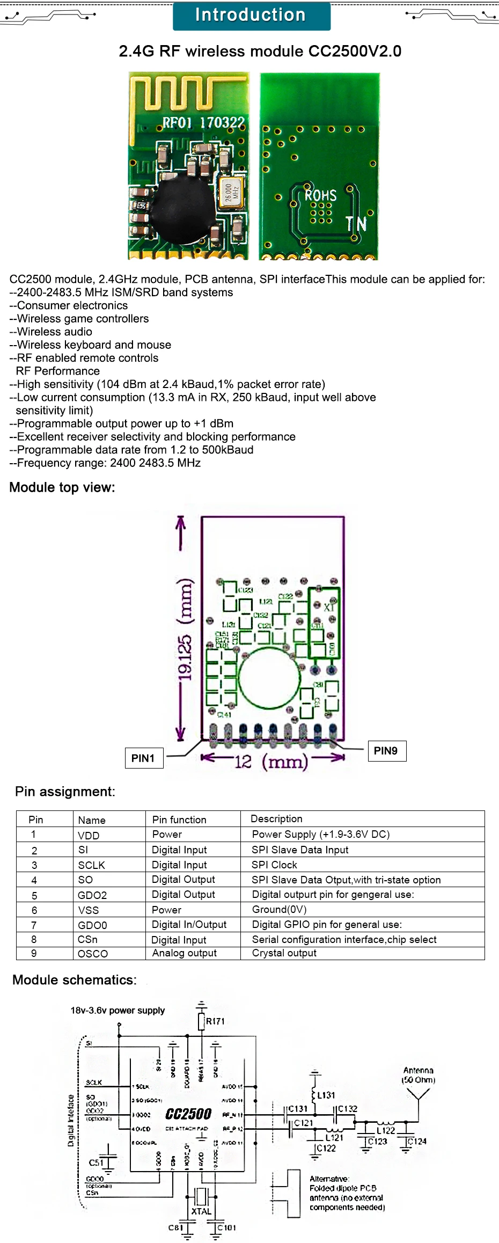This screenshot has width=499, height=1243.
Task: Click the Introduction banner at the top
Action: pyautogui.click(x=251, y=16)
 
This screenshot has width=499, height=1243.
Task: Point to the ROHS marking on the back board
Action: pyautogui.click(x=320, y=195)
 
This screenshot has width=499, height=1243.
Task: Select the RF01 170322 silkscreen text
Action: pyautogui.click(x=203, y=123)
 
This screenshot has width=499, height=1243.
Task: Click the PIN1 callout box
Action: pyautogui.click(x=143, y=758)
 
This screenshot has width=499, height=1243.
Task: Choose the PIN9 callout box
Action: pyautogui.click(x=386, y=750)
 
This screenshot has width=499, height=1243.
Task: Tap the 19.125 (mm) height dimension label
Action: pyautogui.click(x=185, y=628)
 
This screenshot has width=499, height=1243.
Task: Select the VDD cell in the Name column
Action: pyautogui.click(x=89, y=835)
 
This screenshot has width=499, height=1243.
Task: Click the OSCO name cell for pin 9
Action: pyautogui.click(x=93, y=953)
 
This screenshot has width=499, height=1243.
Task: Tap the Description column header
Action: pyautogui.click(x=276, y=818)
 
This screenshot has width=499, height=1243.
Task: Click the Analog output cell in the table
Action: pyautogui.click(x=185, y=953)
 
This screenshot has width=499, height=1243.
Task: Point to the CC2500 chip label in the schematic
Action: pyautogui.click(x=188, y=1114)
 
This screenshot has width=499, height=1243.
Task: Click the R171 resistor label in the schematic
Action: pyautogui.click(x=215, y=1021)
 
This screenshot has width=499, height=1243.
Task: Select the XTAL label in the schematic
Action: pyautogui.click(x=201, y=1211)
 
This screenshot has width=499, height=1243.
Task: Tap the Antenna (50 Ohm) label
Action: pyautogui.click(x=419, y=1075)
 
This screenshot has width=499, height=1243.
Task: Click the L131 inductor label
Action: pyautogui.click(x=326, y=1095)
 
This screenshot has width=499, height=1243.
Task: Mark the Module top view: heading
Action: pyautogui.click(x=62, y=487)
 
